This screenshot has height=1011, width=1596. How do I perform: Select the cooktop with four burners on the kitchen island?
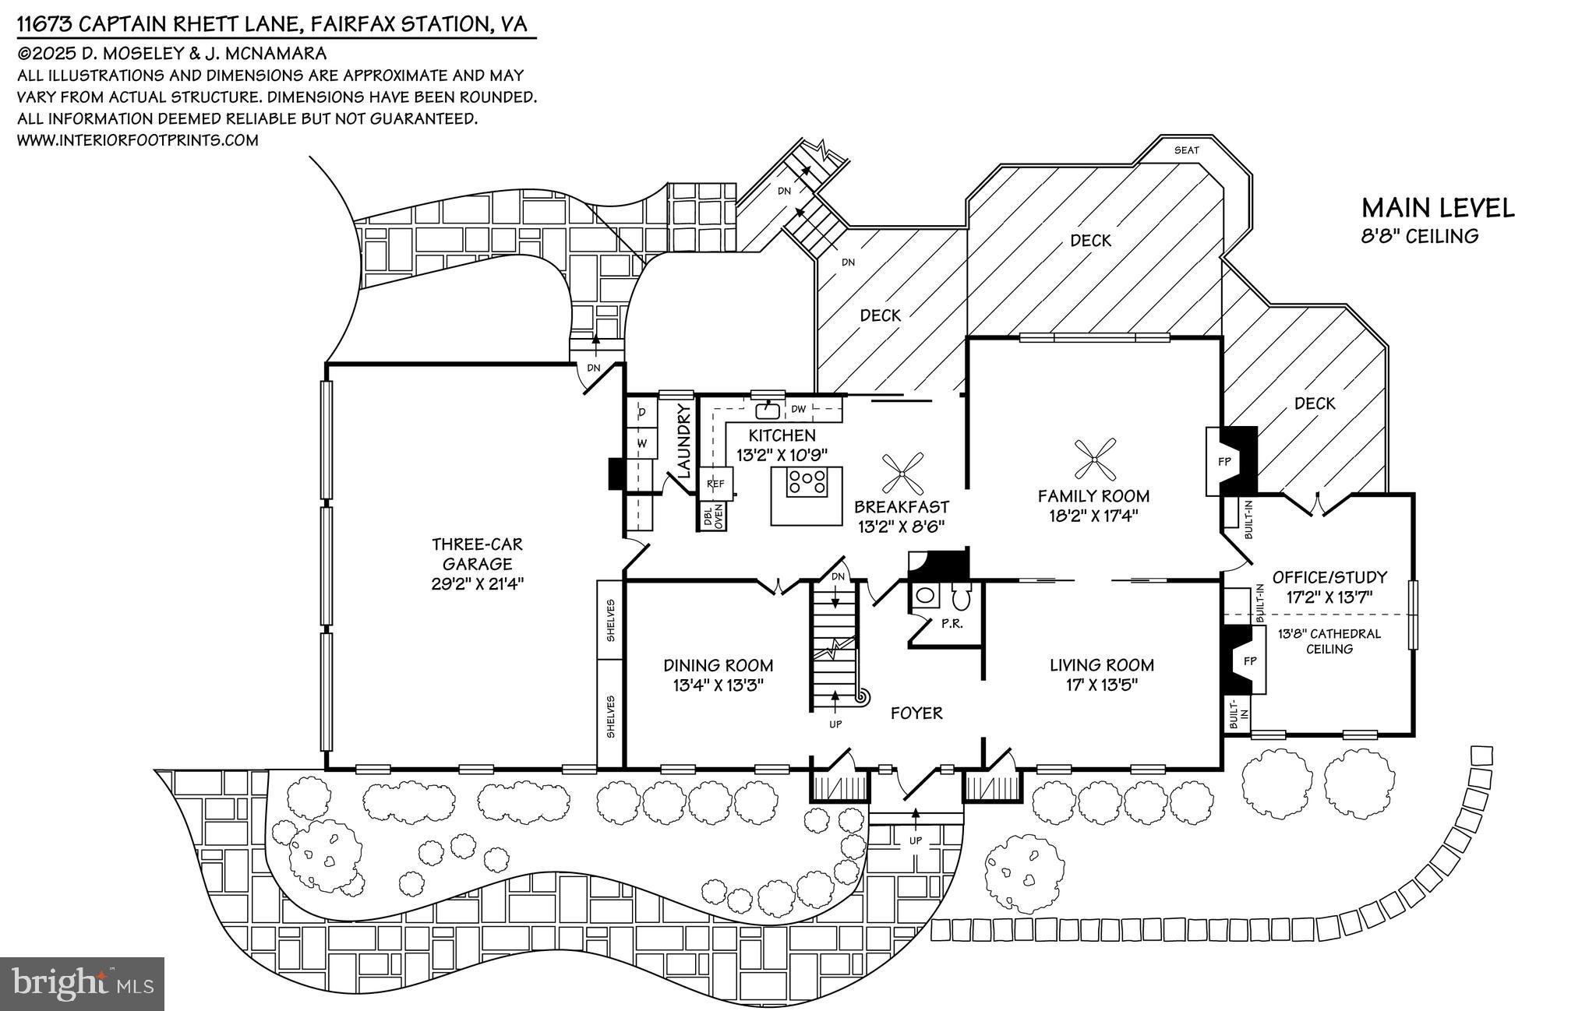807,481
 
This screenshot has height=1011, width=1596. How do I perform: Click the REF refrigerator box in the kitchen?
715,484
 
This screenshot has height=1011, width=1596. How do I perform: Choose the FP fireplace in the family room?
1224,461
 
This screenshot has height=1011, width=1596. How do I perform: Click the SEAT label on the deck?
1186,150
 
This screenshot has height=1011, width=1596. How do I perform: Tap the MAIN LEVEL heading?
1438,208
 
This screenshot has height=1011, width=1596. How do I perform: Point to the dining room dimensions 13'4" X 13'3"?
718,685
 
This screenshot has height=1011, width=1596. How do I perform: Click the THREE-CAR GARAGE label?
477,554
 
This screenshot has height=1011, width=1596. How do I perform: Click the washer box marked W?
642,443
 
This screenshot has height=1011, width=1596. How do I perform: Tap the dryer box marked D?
642,411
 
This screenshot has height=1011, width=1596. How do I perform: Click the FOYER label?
916,713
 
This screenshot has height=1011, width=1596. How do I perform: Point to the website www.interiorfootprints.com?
137,140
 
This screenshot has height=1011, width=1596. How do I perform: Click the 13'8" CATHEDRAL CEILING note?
1329,641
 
